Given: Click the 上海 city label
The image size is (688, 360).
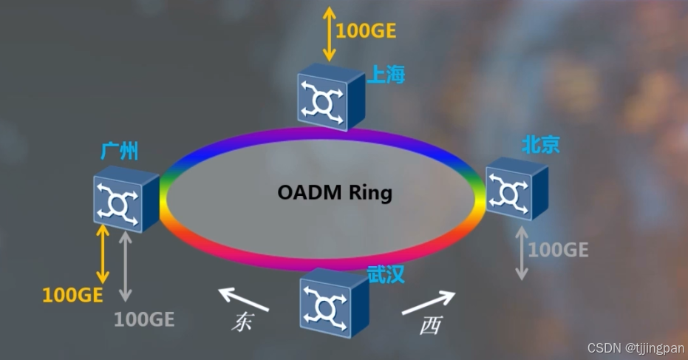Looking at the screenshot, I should (386, 75).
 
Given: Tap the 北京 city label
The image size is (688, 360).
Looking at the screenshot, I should (541, 144).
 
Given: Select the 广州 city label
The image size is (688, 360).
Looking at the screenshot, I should (119, 152).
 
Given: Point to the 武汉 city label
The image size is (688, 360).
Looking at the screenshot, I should (386, 275).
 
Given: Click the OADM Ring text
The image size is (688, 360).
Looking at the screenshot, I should (335, 193).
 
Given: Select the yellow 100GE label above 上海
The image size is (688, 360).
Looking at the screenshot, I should (366, 31).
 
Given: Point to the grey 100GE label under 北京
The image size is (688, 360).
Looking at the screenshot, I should (558, 250).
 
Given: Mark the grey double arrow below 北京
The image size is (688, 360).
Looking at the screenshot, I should (522, 252).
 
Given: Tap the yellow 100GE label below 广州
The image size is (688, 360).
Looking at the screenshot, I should (72, 295).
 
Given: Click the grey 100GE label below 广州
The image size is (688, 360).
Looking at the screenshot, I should (144, 319).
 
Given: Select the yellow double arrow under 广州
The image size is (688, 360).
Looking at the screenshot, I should (102, 254).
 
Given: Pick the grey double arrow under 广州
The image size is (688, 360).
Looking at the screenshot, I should (125, 265).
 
